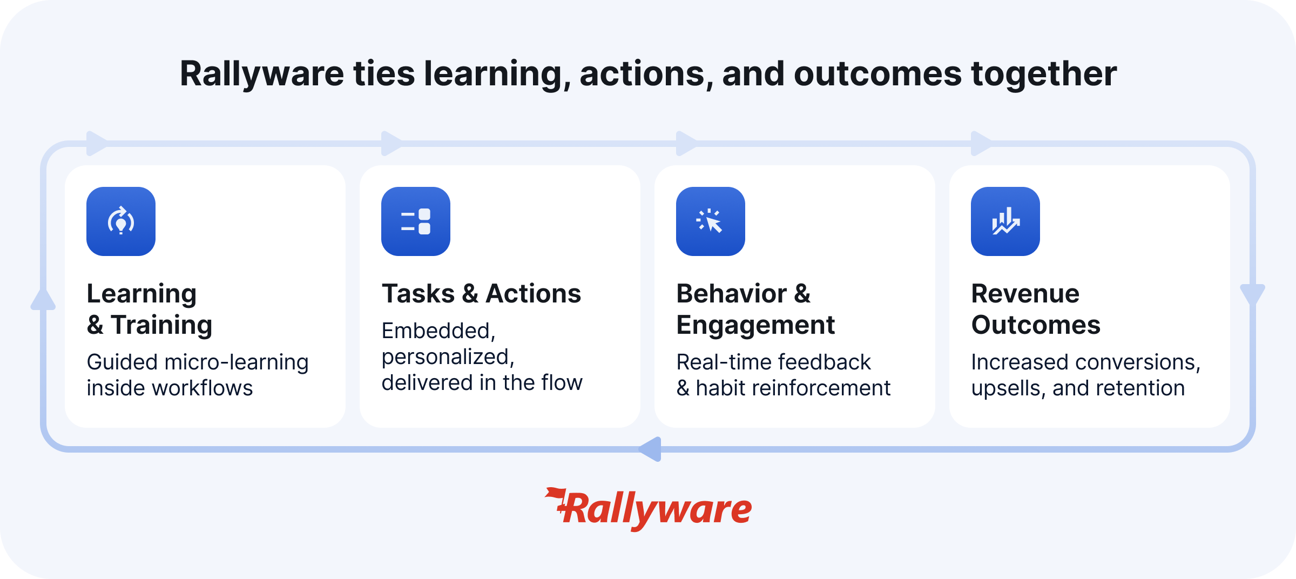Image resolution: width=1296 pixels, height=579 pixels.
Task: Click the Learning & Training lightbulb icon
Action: click(121, 221)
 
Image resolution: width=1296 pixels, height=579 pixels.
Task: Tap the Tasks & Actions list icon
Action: click(416, 221)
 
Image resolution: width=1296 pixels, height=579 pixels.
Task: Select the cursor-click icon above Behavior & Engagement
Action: click(711, 221)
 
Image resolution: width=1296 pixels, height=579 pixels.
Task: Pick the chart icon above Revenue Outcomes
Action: click(1005, 221)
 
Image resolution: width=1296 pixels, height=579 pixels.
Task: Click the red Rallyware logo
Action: click(648, 509)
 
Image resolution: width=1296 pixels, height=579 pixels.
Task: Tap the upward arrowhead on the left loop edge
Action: click(43, 299)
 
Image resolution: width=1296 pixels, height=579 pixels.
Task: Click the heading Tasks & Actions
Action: click(481, 294)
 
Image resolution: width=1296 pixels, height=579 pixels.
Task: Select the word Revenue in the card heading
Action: click(1025, 294)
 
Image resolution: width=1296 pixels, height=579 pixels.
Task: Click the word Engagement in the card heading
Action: click(755, 325)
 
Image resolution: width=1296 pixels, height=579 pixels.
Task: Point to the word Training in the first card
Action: click(161, 325)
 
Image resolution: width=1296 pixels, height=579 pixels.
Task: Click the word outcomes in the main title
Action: click(878, 73)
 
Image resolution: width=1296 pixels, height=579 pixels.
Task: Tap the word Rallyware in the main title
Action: click(262, 73)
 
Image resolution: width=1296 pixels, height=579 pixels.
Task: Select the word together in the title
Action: click(1044, 73)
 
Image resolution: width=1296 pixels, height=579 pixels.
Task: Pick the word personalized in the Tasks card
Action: click(448, 358)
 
